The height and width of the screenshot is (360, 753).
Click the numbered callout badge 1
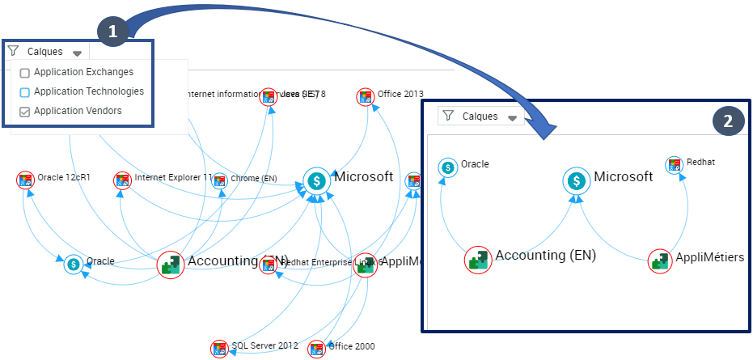(x=112, y=31)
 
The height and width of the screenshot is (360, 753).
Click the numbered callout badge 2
(x=728, y=121)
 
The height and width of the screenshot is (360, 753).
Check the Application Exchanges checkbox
(x=24, y=73)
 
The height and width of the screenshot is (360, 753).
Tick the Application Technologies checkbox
(x=24, y=92)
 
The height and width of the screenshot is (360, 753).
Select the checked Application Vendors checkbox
(x=24, y=112)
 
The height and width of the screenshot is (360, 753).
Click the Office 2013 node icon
(x=366, y=97)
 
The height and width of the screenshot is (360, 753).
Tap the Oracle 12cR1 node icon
(x=26, y=180)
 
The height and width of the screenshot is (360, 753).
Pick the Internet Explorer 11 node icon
(x=123, y=180)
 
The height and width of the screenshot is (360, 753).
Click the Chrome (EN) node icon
(x=219, y=180)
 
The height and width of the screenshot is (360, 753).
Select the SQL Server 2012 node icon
(x=219, y=349)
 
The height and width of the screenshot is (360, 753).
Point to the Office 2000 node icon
(x=316, y=349)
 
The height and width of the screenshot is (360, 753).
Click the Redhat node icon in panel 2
(x=674, y=165)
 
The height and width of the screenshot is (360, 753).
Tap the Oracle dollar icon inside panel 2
(x=447, y=167)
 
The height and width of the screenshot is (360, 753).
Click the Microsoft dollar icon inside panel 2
(x=576, y=180)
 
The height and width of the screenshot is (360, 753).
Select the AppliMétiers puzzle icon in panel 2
(x=661, y=260)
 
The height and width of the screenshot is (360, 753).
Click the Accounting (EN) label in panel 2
(x=545, y=256)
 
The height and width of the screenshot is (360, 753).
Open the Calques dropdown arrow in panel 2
(x=511, y=118)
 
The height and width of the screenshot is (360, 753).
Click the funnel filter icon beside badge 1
(x=13, y=51)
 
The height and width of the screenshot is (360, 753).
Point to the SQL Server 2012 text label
(x=264, y=346)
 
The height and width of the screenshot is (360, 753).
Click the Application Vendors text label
(x=78, y=111)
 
